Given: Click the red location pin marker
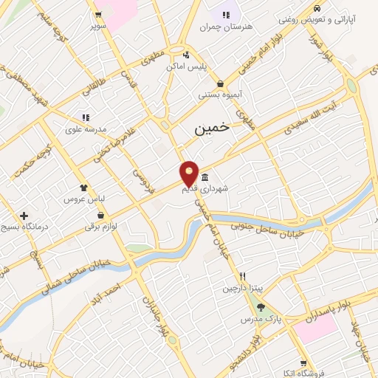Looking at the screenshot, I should point(189,174).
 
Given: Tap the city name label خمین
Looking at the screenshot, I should point(212,128).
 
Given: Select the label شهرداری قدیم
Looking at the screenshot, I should point(206,189).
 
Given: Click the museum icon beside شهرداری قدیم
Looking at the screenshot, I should point(205,178).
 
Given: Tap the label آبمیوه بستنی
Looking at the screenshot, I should point(219,94).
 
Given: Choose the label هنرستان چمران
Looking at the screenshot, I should point(226,27).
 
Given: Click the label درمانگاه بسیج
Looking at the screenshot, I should point(24,227).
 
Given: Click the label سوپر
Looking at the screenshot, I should point(97,26).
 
